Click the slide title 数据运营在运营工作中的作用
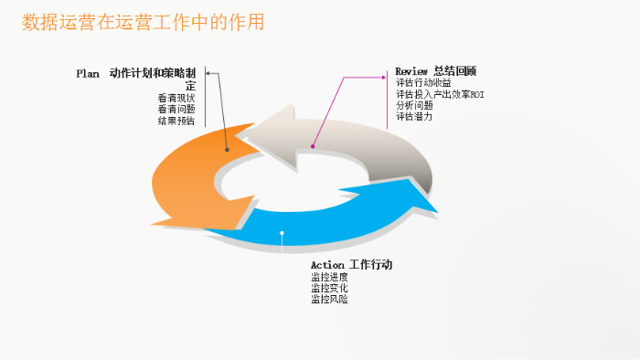pyautogui.click(x=144, y=22)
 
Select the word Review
pyautogui.click(x=411, y=71)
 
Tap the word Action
pyautogui.click(x=327, y=265)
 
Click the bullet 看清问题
pyautogui.click(x=176, y=109)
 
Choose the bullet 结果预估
pyautogui.click(x=176, y=120)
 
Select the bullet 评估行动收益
pyautogui.click(x=423, y=83)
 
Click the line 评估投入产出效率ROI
pyautogui.click(x=440, y=94)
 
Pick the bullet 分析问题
pyautogui.click(x=414, y=105)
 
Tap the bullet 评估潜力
pyautogui.click(x=414, y=116)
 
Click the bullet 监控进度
pyautogui.click(x=329, y=277)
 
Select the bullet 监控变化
pyautogui.click(x=329, y=288)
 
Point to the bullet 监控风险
pyautogui.click(x=329, y=299)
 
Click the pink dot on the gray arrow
pyautogui.click(x=312, y=146)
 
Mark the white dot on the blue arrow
pyautogui.click(x=283, y=234)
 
